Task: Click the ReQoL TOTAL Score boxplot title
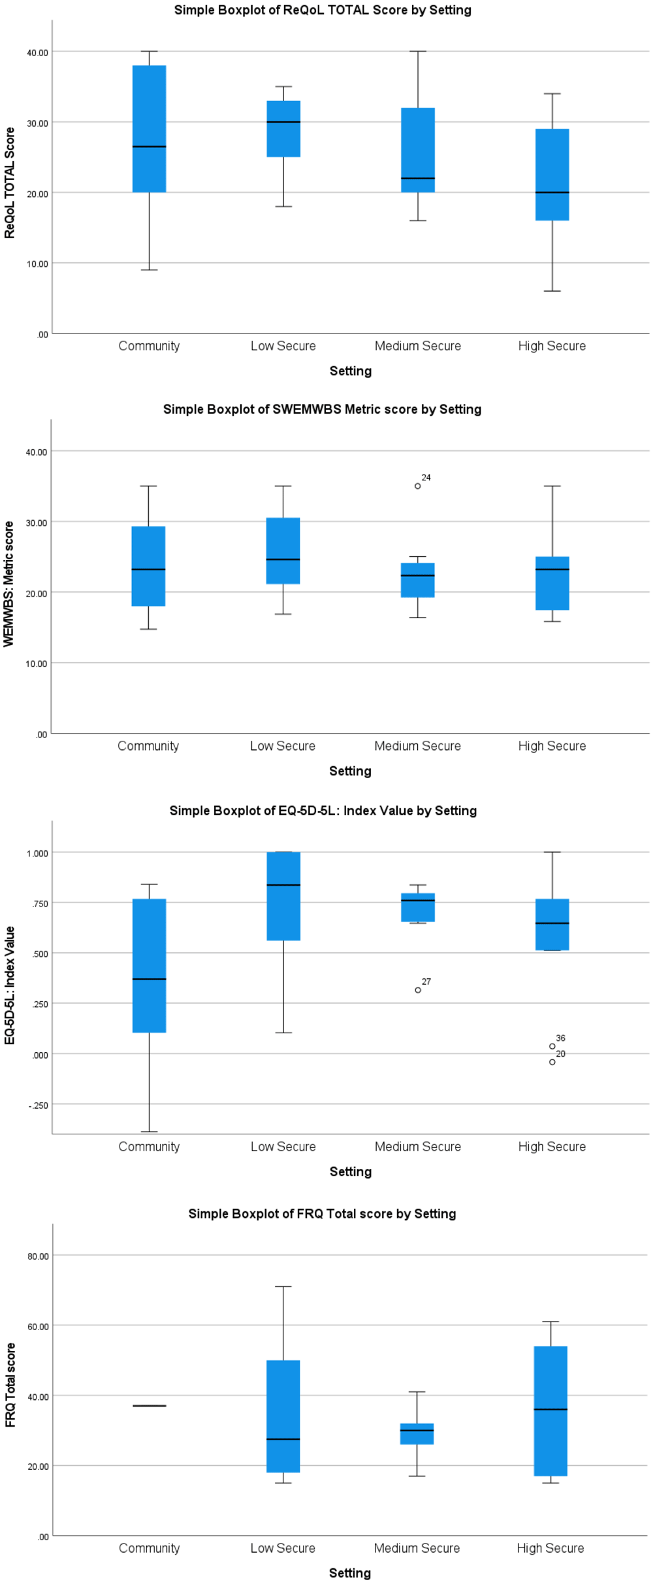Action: click(x=323, y=10)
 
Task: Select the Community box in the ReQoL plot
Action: click(x=150, y=129)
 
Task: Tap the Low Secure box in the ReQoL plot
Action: click(x=283, y=129)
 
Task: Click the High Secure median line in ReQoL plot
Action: click(x=552, y=193)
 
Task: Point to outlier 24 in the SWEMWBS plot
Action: click(x=418, y=486)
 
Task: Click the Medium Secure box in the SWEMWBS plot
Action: click(x=418, y=580)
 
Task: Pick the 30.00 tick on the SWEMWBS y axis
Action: click(x=37, y=523)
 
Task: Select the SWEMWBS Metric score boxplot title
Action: click(x=322, y=409)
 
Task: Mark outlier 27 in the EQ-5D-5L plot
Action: click(x=418, y=990)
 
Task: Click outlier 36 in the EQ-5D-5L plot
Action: click(x=552, y=1046)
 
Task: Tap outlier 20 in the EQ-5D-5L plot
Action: click(x=552, y=1062)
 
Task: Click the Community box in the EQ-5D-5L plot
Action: click(x=150, y=965)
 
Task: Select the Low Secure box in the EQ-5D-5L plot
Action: click(x=283, y=896)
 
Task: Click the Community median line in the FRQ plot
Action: click(x=150, y=1406)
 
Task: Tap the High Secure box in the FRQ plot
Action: click(x=551, y=1410)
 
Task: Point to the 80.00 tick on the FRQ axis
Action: click(x=38, y=1256)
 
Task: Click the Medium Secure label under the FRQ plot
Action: click(x=417, y=1548)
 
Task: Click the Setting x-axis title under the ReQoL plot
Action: click(x=351, y=371)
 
